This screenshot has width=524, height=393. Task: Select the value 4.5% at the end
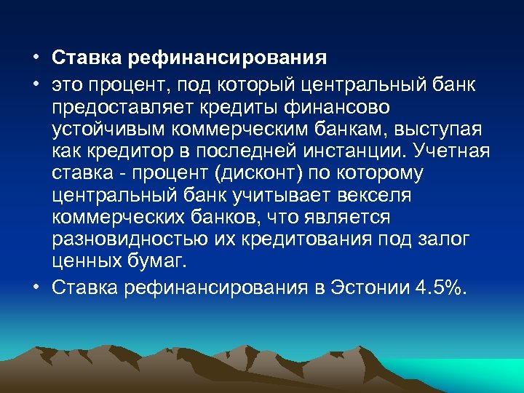point(439,287)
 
